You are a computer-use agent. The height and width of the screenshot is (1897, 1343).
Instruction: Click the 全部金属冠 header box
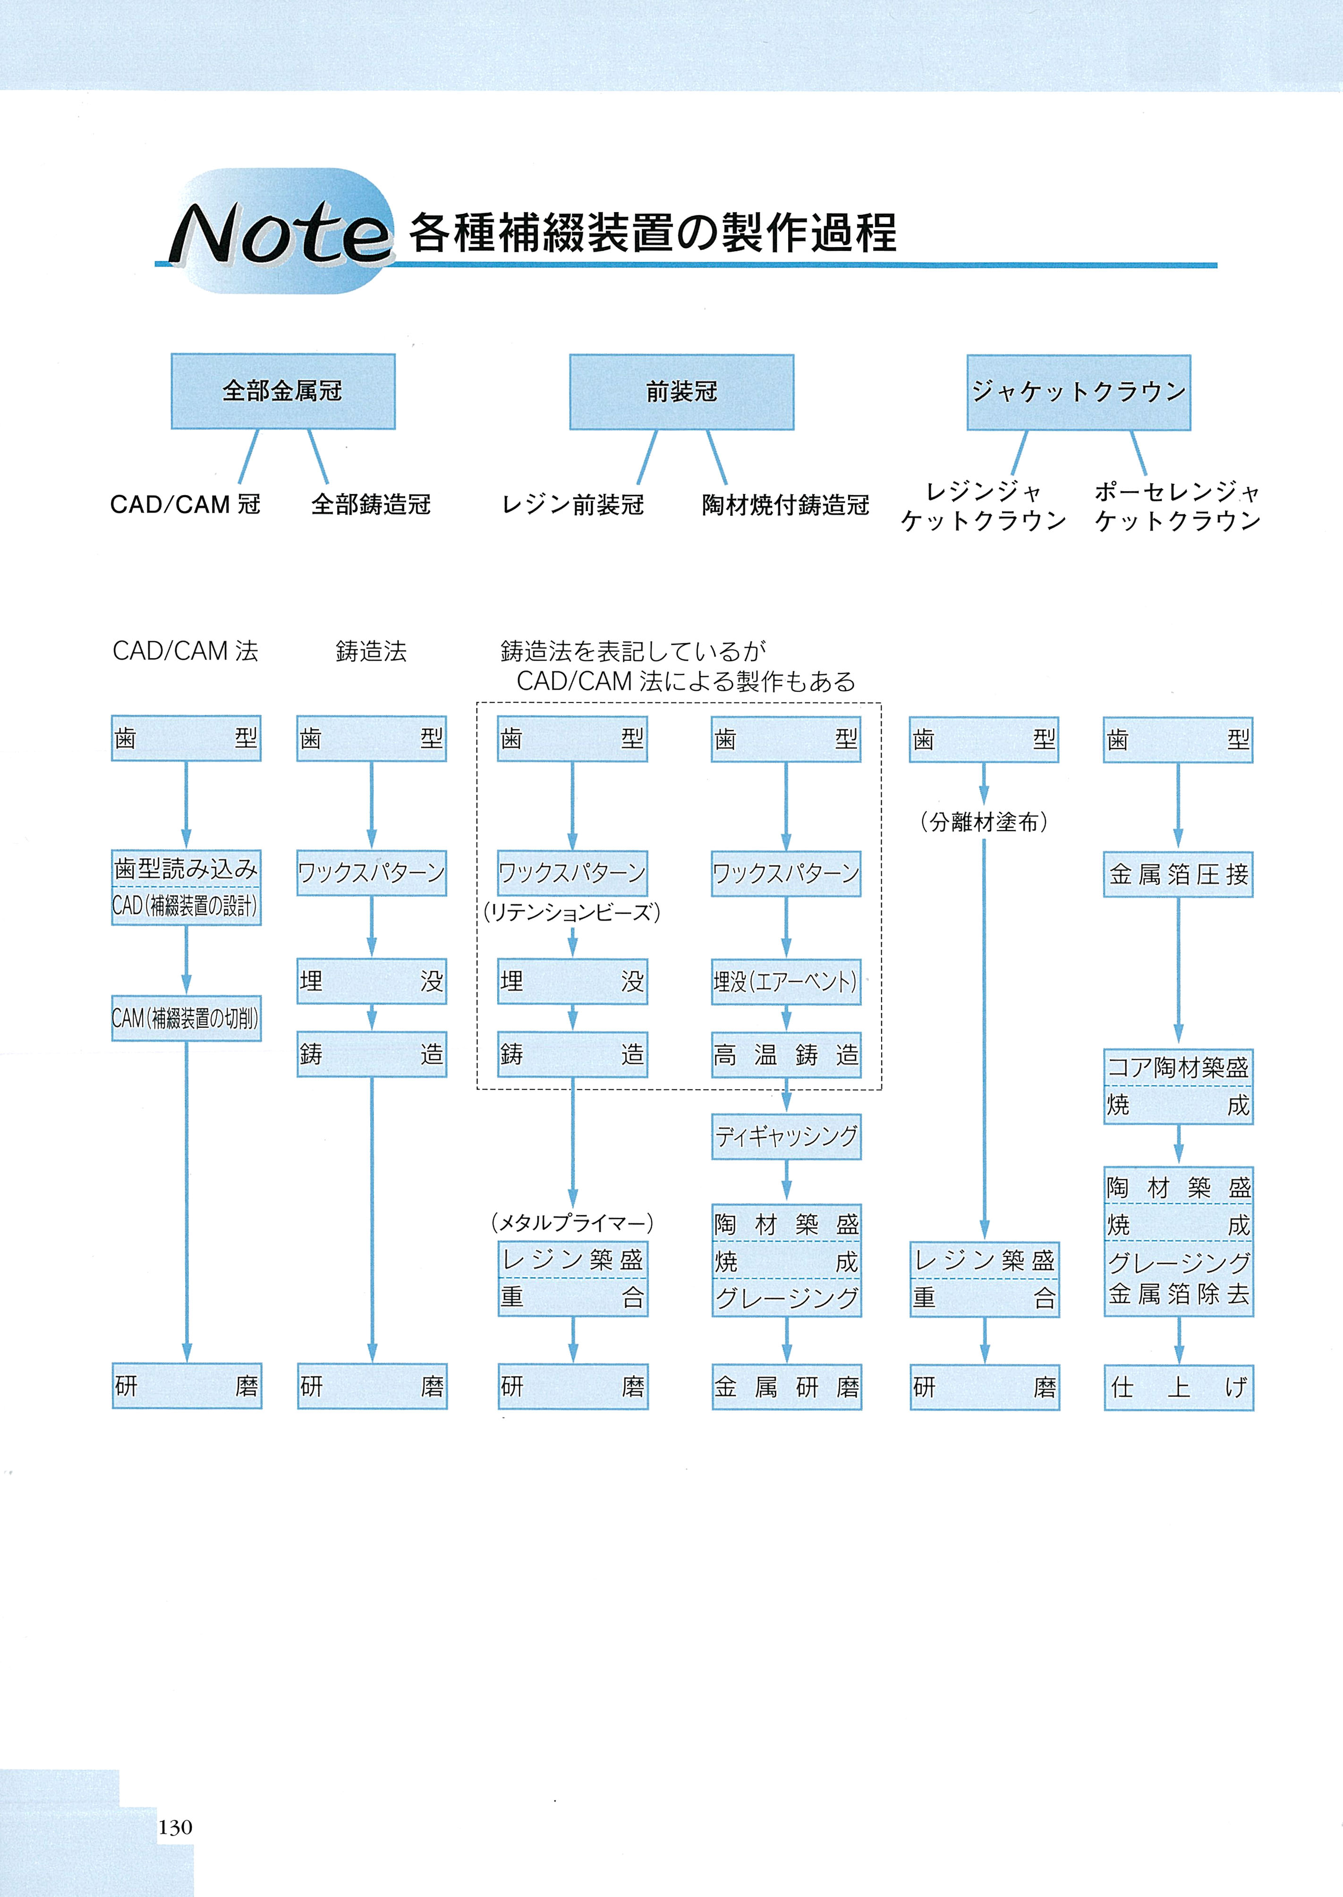click(x=283, y=391)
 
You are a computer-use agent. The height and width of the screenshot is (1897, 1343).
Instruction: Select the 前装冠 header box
click(x=681, y=392)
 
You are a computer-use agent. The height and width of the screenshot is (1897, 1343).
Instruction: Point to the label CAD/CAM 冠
click(x=185, y=504)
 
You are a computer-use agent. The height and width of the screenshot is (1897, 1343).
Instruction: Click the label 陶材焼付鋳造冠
click(x=786, y=504)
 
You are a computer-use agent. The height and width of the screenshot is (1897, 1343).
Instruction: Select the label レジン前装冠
click(x=573, y=504)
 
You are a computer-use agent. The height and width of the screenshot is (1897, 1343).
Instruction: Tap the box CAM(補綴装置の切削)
click(x=186, y=1018)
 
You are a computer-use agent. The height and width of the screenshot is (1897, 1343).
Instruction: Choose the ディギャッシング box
click(x=786, y=1136)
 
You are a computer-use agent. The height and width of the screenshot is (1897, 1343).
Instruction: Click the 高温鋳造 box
click(x=786, y=1055)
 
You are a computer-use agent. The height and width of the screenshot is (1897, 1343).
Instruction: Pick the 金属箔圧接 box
click(x=1179, y=874)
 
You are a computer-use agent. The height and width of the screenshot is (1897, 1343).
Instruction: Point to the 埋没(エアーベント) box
click(x=786, y=982)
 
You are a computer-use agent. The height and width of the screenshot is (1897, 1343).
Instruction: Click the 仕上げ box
click(x=1179, y=1387)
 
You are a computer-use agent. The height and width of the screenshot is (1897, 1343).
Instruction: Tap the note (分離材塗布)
click(x=984, y=822)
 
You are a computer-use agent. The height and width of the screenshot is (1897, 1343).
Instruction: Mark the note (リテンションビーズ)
click(x=572, y=913)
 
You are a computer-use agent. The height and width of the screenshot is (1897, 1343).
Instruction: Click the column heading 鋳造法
click(x=371, y=652)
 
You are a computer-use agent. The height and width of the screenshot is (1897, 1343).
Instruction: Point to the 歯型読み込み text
click(x=186, y=869)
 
